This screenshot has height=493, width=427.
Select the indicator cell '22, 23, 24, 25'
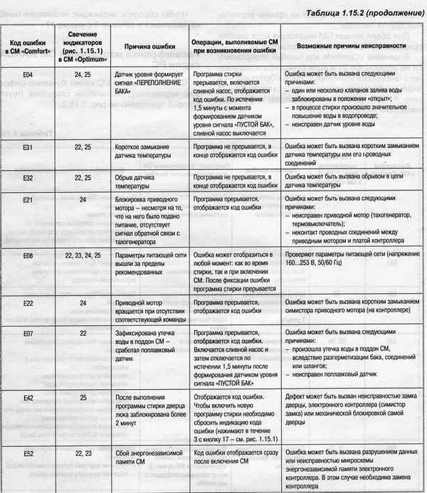tap(83, 253)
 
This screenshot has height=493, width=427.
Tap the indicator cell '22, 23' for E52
tap(83, 452)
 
